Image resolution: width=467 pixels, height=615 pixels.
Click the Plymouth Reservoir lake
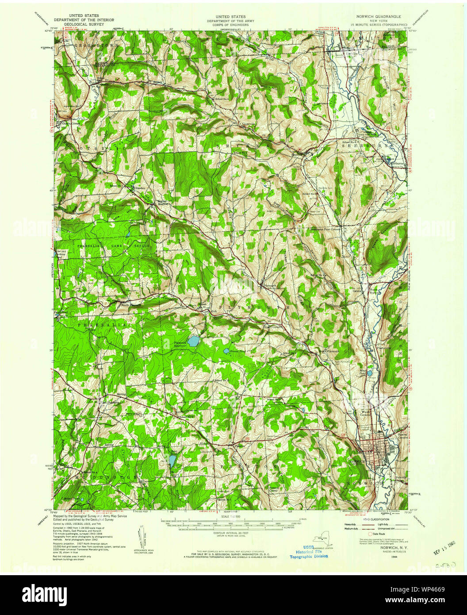[x=192, y=341]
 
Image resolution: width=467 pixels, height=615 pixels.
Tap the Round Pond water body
[x=226, y=351]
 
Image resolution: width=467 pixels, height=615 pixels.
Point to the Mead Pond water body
[x=369, y=373]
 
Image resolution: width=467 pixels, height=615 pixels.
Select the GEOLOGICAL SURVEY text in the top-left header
[x=84, y=24]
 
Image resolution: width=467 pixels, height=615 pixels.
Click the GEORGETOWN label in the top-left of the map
[x=91, y=45]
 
